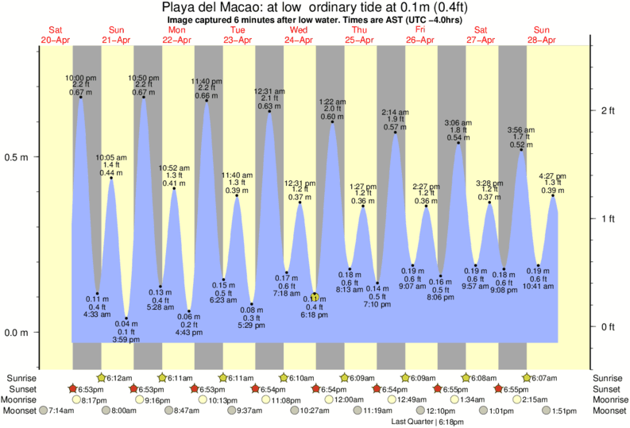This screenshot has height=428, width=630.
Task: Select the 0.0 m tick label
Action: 17,332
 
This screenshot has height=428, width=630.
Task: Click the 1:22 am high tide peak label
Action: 331,110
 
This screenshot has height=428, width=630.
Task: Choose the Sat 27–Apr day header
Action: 481,35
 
